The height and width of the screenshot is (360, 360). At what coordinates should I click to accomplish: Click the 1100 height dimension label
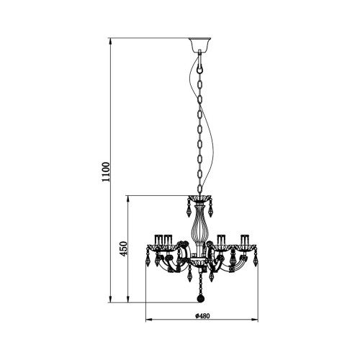pos(106,172)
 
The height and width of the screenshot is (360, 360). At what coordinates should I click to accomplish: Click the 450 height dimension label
pos(123,248)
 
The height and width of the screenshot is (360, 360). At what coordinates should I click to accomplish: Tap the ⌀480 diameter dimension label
pos(202,316)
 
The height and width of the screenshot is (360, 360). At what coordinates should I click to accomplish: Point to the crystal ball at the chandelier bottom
pos(200,299)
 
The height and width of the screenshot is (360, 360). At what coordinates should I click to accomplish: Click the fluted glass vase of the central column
pos(199,225)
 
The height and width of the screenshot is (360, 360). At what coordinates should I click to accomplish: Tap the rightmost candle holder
pos(245,240)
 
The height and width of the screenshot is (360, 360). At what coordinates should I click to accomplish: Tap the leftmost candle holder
pos(158,240)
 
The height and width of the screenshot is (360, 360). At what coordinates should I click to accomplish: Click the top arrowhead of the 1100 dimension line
pos(110,41)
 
